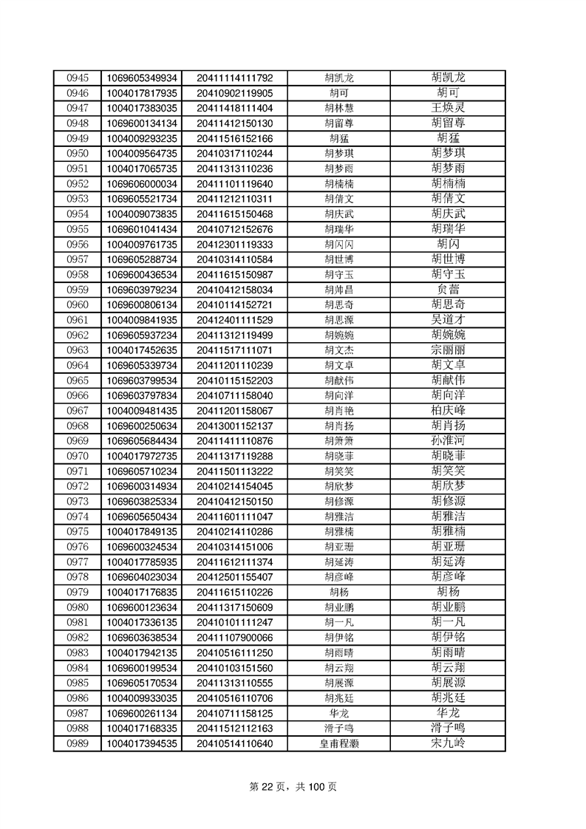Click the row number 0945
pyautogui.click(x=78, y=78)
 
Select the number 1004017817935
pyautogui.click(x=142, y=93)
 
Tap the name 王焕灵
pyautogui.click(x=448, y=108)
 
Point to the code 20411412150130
pyautogui.click(x=235, y=123)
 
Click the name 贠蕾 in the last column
pyautogui.click(x=448, y=290)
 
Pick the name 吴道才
pyautogui.click(x=448, y=320)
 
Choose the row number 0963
pyautogui.click(x=78, y=350)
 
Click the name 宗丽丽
pyautogui.click(x=448, y=350)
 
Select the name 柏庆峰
pyautogui.click(x=448, y=411)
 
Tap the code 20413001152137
pyautogui.click(x=235, y=426)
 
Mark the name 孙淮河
pyautogui.click(x=448, y=441)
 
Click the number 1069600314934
pyautogui.click(x=142, y=486)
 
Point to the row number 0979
pyautogui.click(x=78, y=593)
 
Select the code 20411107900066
pyautogui.click(x=235, y=638)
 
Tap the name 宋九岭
pyautogui.click(x=448, y=743)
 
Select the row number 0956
pyautogui.click(x=78, y=245)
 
